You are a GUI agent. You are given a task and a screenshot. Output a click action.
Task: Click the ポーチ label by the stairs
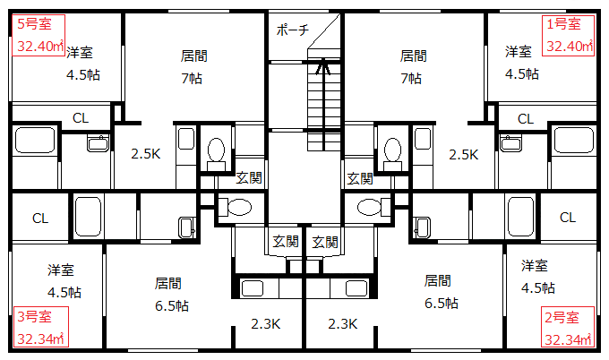pyautogui.click(x=293, y=30)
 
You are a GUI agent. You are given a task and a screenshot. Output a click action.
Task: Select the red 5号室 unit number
pyautogui.click(x=34, y=23)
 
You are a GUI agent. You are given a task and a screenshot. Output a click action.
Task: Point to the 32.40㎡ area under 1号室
pyautogui.click(x=570, y=47)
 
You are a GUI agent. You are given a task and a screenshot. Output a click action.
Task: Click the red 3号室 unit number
pyautogui.click(x=34, y=316)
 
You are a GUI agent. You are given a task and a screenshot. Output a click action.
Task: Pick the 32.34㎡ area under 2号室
pyautogui.click(x=568, y=339)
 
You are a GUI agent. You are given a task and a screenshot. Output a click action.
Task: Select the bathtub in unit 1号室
pyautogui.click(x=573, y=140)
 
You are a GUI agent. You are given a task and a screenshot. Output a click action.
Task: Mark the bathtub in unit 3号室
pyautogui.click(x=88, y=217)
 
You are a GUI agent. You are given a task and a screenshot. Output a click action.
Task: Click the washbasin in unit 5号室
pyautogui.click(x=98, y=143)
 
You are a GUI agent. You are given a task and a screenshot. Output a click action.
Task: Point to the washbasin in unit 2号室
pyautogui.click(x=423, y=227)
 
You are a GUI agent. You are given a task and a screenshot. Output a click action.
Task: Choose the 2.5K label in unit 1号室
pyautogui.click(x=463, y=155)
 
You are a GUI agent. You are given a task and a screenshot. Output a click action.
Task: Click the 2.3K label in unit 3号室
pyautogui.click(x=265, y=323)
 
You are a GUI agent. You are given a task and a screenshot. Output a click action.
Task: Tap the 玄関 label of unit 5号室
pyautogui.click(x=249, y=178)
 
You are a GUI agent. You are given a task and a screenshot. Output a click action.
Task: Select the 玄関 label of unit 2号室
pyautogui.click(x=325, y=243)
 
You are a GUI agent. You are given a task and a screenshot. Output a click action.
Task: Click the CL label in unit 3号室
pyautogui.click(x=40, y=219)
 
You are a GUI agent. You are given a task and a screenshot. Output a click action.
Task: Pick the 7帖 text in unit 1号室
pyautogui.click(x=411, y=79)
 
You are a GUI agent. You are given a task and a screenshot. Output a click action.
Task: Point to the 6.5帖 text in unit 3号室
pyautogui.click(x=172, y=305)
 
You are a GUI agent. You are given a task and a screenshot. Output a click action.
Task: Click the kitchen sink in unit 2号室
pyautogui.click(x=356, y=288)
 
